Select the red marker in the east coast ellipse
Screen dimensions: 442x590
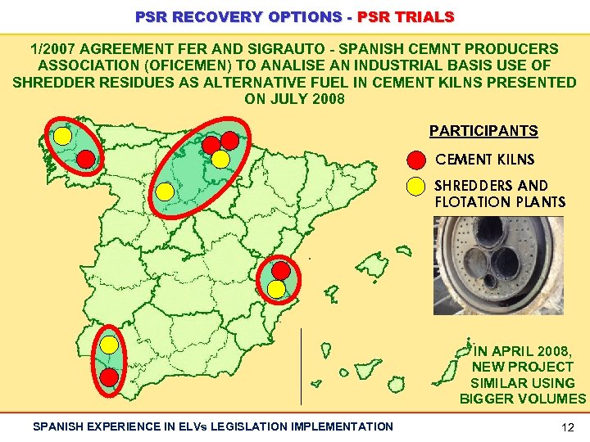pos(281,269)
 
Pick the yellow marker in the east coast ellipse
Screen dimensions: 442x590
pos(277,288)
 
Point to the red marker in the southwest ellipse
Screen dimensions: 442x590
pos(109,377)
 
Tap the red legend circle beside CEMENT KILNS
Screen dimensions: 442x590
pos(416,160)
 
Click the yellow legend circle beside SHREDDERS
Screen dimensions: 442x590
pos(416,186)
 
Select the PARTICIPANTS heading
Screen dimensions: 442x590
pos(483,131)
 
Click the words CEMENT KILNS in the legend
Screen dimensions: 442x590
pos(484,160)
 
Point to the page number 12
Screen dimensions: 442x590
pos(568,426)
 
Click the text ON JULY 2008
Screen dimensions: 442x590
pos(295,99)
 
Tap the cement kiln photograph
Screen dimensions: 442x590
pos(498,265)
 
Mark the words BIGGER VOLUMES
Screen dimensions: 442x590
pos(523,399)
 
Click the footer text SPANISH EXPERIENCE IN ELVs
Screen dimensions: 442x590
pos(131,426)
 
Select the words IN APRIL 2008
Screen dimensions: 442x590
pos(523,351)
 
